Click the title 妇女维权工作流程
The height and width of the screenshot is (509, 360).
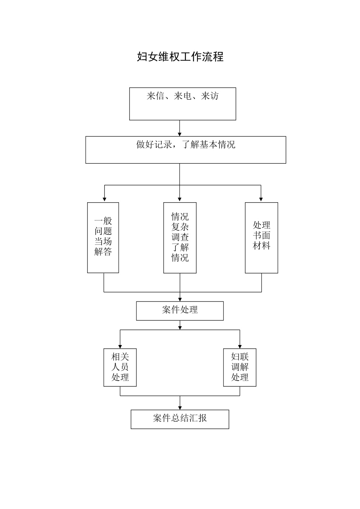(x=180, y=57)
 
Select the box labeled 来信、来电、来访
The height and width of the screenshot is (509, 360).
(x=182, y=104)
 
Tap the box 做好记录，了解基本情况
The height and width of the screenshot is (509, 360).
(x=185, y=150)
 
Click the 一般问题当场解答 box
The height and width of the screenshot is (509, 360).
(x=103, y=237)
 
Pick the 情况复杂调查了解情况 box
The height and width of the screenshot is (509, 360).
(x=180, y=237)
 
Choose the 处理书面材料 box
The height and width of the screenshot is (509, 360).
(x=261, y=237)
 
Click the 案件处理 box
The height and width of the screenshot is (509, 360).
(x=180, y=311)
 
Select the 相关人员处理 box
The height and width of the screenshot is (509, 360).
(x=120, y=367)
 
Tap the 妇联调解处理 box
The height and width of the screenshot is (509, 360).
(x=239, y=367)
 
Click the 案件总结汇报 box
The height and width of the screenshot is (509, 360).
(x=180, y=419)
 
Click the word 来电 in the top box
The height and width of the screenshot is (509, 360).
(x=182, y=96)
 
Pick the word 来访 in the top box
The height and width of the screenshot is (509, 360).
(x=210, y=96)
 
